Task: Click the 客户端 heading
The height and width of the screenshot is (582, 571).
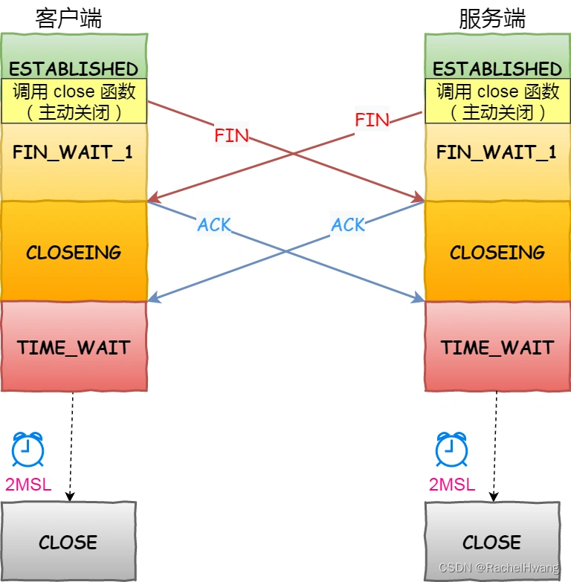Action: (68, 19)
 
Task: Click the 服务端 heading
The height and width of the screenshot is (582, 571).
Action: (492, 19)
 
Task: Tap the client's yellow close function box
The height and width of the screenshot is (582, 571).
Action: (74, 101)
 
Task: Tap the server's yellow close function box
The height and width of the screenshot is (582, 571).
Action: (497, 101)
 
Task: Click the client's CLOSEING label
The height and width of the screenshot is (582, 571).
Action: (74, 252)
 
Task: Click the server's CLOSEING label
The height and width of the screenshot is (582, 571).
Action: (497, 252)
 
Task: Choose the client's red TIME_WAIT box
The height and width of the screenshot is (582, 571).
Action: (74, 347)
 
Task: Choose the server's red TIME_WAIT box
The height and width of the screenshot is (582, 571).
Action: (497, 347)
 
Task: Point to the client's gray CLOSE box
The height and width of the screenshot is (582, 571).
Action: (68, 541)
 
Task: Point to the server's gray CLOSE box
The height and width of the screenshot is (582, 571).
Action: (492, 541)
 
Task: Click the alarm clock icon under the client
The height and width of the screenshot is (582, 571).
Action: (28, 449)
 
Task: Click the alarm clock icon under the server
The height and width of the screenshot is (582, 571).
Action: (451, 449)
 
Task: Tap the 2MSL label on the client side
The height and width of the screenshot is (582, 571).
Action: (28, 485)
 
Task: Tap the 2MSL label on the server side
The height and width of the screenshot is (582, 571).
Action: (451, 485)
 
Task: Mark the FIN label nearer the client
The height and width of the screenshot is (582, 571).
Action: (231, 136)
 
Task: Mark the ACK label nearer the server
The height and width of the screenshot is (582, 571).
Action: (349, 224)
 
